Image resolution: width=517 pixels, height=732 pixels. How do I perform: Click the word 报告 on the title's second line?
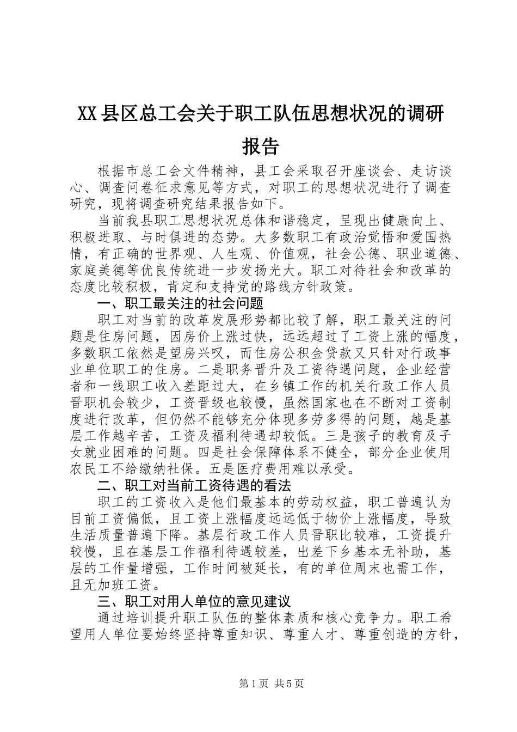tap(260, 147)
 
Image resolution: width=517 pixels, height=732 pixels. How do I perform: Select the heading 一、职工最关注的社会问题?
tap(180, 303)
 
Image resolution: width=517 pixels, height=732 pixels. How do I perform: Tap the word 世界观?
tap(196, 254)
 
